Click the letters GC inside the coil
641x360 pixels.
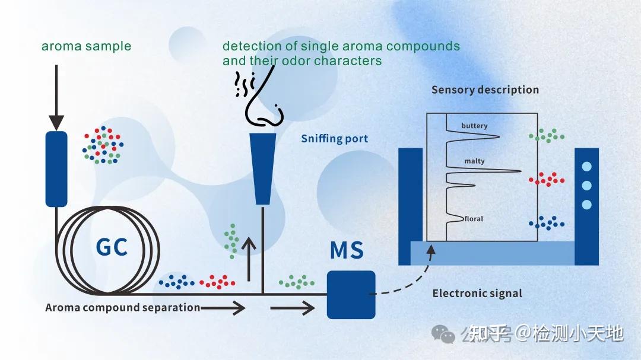click(x=112, y=246)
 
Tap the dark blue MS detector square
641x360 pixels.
click(x=351, y=295)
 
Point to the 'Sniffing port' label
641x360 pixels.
click(x=334, y=139)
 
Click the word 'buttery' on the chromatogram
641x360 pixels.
click(x=474, y=126)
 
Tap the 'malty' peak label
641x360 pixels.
click(x=474, y=161)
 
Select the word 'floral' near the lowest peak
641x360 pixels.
click(x=474, y=219)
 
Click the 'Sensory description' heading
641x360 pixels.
click(x=485, y=90)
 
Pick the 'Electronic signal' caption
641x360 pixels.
click(x=477, y=293)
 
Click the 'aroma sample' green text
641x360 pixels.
click(x=86, y=46)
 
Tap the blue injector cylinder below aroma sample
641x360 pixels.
click(x=56, y=169)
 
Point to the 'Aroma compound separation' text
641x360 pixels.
click(x=123, y=307)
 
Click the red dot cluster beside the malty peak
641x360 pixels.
click(x=545, y=179)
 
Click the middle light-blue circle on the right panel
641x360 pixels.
click(x=587, y=186)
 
